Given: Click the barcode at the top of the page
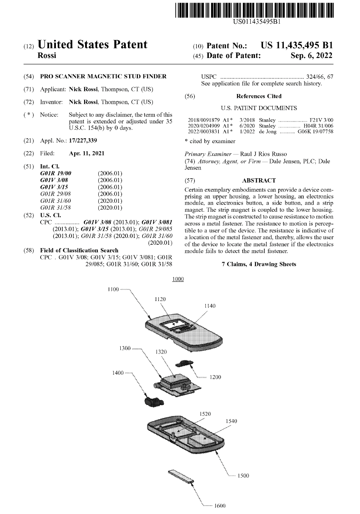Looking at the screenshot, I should point(254,9).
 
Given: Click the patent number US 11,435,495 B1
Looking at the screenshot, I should point(297,45).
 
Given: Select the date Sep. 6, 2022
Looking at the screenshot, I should point(312,55).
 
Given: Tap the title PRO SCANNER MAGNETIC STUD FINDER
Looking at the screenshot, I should point(103,77).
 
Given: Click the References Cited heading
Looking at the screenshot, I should point(259,97).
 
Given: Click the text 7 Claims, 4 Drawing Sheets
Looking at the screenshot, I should point(259,264).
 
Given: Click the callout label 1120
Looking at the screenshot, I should point(160,299).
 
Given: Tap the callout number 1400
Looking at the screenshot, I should point(117,373).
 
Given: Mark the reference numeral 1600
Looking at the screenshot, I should point(220,506).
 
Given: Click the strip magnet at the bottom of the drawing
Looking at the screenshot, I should point(181,476).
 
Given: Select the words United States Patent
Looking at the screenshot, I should point(93,45).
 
